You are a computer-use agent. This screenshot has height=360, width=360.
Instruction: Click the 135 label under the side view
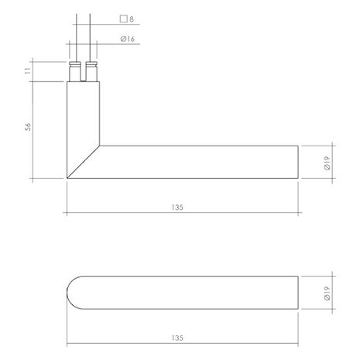coord(183,208)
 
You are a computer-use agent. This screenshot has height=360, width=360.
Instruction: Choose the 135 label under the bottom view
coord(183,338)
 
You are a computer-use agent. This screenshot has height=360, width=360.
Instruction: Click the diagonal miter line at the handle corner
coord(84,162)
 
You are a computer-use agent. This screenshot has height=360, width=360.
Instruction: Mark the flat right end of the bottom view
coord(299,292)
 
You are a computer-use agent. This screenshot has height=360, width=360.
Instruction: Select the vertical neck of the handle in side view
coord(84,116)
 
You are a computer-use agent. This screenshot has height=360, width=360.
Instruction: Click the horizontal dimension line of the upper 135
coord(232,213)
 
